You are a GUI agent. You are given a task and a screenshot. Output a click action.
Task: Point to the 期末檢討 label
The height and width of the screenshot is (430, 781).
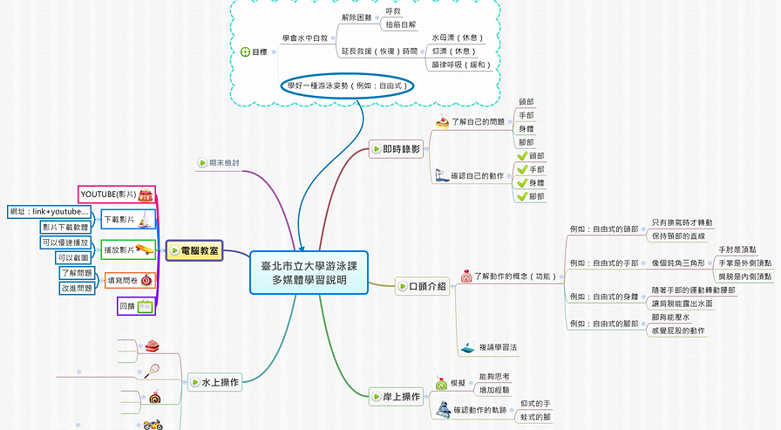[223, 162]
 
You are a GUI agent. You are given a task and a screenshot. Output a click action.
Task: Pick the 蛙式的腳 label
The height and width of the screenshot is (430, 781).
[535, 417]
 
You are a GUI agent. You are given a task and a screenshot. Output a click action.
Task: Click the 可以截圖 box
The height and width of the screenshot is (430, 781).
[74, 257]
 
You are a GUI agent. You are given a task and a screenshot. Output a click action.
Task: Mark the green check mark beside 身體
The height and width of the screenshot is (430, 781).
[523, 183]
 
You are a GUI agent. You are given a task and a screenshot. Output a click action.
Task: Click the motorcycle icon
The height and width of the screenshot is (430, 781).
[153, 426]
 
